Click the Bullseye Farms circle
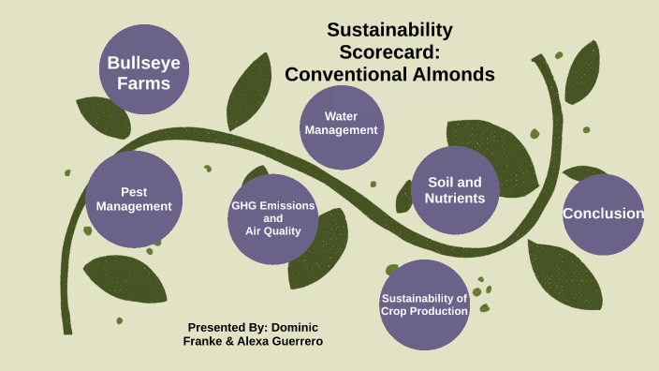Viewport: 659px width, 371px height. (143, 70)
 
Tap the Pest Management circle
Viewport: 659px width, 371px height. (134, 200)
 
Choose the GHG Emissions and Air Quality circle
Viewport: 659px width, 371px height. (273, 217)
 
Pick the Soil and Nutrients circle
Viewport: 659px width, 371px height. (455, 190)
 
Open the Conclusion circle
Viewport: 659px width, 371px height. (603, 214)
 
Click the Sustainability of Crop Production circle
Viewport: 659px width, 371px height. (425, 304)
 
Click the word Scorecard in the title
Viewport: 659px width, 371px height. (389, 52)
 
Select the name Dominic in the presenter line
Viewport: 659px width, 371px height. (294, 327)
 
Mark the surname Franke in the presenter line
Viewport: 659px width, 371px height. (205, 341)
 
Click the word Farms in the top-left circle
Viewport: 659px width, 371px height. (143, 82)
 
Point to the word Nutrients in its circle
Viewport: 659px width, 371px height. (455, 199)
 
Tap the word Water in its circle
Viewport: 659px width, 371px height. (343, 117)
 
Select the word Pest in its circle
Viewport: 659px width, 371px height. (134, 192)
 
